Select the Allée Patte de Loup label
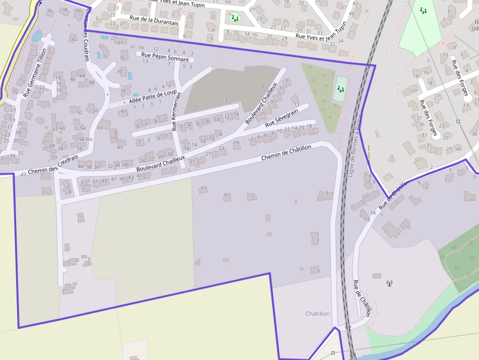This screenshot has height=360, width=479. [152, 97]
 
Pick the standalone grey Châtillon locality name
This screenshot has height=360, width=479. [317, 314]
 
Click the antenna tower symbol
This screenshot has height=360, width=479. [389, 283]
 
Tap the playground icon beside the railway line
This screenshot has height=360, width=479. [341, 89]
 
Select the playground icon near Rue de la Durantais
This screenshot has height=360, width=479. [235, 19]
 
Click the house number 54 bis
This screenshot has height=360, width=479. [86, 139]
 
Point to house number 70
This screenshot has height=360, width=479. [54, 157]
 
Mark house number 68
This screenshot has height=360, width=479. [52, 146]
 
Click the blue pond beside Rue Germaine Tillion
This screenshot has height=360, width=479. [37, 36]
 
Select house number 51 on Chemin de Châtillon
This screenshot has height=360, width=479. [95, 181]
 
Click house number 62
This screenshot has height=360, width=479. [55, 129]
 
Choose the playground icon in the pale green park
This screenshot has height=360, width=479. [423, 10]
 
